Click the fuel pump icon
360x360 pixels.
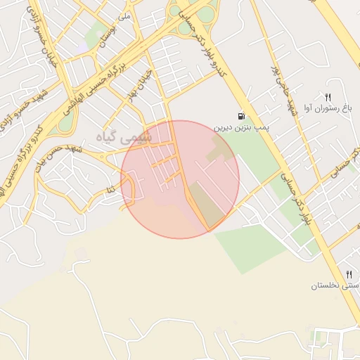(242, 116)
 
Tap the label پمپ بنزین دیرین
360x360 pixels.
(243, 129)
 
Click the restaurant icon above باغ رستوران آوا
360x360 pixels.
(327, 96)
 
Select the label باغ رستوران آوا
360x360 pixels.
(327, 108)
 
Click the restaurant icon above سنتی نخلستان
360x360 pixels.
(348, 274)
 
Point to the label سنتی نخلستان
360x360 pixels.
(336, 286)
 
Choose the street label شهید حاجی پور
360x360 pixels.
(281, 85)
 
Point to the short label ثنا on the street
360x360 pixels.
(110, 190)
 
